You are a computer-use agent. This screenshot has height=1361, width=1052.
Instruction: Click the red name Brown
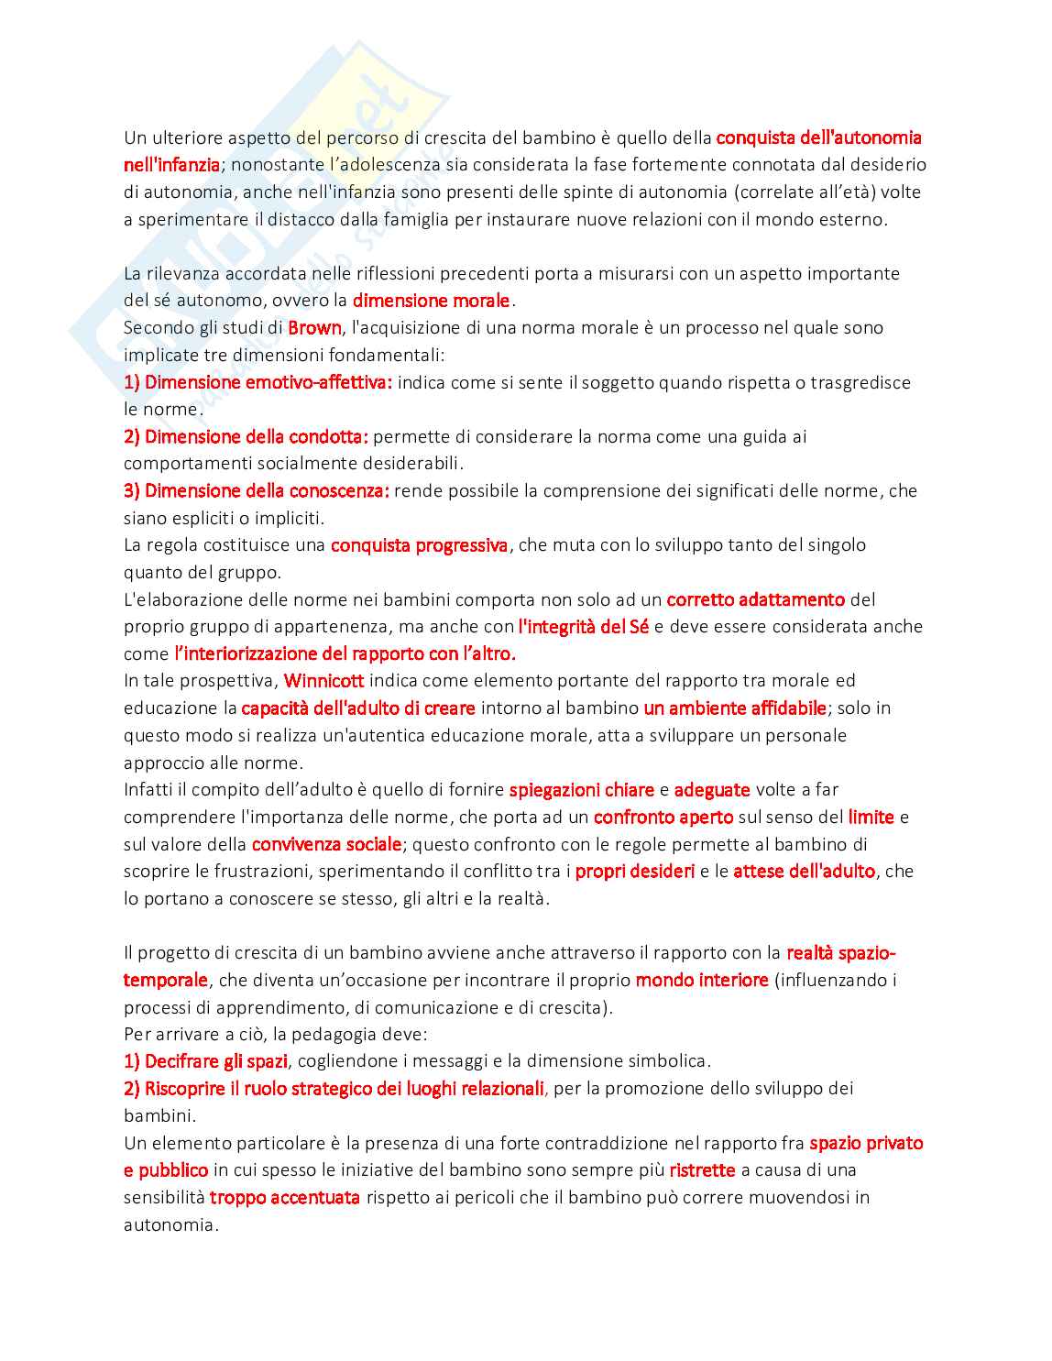314,328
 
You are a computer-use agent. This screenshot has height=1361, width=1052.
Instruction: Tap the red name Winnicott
323,681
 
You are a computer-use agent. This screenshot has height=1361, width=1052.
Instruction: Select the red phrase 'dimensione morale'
431,301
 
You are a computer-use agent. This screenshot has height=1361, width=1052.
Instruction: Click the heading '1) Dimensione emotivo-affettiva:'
258,382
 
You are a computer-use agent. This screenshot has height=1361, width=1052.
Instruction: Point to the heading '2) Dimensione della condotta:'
246,436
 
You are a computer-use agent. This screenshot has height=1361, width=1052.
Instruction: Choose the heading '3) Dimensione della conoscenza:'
257,491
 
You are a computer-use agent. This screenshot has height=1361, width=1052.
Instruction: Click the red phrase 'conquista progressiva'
419,545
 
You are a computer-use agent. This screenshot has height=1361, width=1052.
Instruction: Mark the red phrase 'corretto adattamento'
755,599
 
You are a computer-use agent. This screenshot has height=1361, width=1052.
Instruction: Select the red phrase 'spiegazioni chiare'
582,790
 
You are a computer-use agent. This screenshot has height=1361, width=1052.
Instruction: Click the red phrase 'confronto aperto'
663,817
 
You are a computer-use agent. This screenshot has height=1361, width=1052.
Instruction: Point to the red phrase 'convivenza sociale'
326,844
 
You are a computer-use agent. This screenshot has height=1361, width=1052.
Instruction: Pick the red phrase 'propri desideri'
634,871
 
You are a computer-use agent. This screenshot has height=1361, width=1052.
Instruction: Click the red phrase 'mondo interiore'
702,980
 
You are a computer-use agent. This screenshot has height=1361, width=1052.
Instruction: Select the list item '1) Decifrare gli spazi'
205,1061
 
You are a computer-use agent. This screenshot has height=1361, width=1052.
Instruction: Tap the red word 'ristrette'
702,1170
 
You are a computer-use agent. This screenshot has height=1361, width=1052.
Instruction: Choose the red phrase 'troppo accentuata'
284,1197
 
